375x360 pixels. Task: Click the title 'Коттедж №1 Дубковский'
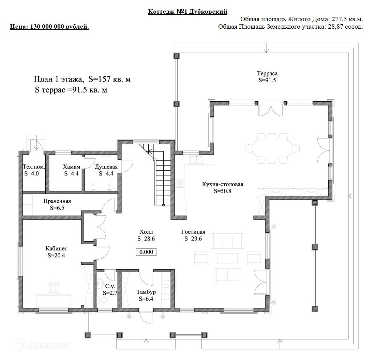(187, 12)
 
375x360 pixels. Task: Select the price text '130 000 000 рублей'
(60, 27)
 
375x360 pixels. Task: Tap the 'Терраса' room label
(267, 73)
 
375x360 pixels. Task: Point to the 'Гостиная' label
(193, 232)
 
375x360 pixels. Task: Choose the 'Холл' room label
(146, 232)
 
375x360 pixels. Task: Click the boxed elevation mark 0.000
(147, 252)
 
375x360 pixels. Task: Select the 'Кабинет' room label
(56, 248)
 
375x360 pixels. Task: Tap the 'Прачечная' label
(57, 201)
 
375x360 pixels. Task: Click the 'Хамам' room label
(72, 167)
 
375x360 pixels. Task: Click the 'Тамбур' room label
(146, 292)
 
